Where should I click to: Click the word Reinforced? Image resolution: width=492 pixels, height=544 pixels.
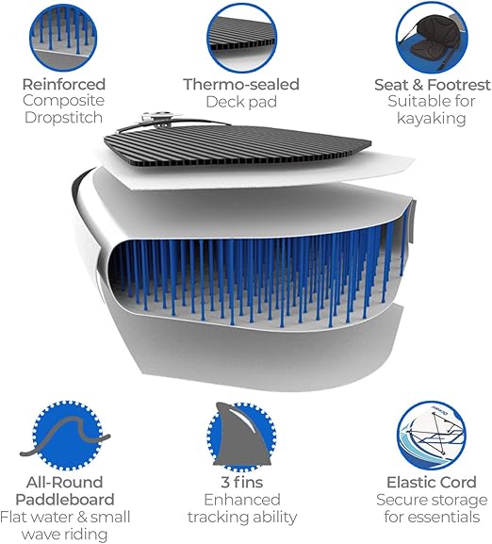click(x=64, y=84)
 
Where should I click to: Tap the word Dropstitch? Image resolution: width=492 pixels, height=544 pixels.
click(x=63, y=118)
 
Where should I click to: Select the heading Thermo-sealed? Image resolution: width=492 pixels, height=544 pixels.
click(x=241, y=84)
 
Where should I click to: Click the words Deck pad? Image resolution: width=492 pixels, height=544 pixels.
click(x=241, y=102)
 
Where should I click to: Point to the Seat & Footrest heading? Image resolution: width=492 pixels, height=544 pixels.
click(x=433, y=85)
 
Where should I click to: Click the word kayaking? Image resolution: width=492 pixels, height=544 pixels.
click(x=432, y=118)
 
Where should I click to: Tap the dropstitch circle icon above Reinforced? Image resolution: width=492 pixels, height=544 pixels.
click(x=63, y=38)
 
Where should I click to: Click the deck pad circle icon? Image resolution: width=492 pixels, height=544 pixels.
click(x=241, y=38)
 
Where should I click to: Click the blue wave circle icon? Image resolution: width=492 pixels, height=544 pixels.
click(x=68, y=436)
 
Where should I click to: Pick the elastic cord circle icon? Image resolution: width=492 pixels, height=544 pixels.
click(x=432, y=436)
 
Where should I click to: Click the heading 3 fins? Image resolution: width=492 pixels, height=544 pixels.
click(x=242, y=482)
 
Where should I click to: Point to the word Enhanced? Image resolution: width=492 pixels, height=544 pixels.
click(x=242, y=500)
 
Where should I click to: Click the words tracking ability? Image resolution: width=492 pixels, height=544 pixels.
click(x=242, y=518)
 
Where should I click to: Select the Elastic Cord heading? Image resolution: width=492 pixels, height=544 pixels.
click(x=432, y=482)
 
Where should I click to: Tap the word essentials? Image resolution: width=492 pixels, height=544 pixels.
click(x=432, y=517)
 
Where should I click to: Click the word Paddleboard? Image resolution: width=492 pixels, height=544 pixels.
click(x=65, y=500)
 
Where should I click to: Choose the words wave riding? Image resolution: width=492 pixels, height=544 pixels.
click(x=64, y=535)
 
